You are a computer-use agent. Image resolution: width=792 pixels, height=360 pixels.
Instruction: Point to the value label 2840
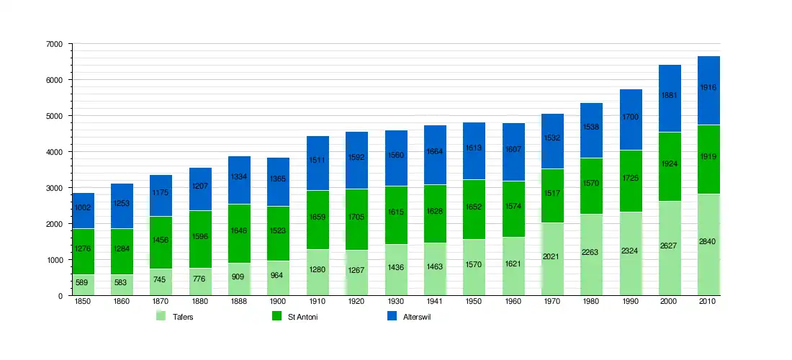coord(708,261)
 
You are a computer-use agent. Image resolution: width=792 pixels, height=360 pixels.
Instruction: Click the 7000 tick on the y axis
coord(54,44)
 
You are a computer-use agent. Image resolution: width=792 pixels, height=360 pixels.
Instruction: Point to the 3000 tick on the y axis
coord(54,188)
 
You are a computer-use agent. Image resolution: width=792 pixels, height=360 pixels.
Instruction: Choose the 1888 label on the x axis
coord(240,302)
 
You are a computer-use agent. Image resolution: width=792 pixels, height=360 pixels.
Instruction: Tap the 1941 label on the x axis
coord(435,302)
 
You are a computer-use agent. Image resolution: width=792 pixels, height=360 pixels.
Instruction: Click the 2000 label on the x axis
coord(670,302)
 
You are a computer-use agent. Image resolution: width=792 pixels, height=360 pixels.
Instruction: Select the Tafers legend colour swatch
coord(161,316)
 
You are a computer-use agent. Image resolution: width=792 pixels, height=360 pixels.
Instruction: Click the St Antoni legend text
coord(302,317)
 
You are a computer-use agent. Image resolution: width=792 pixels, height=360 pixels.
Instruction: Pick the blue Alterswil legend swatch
coord(392,316)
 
